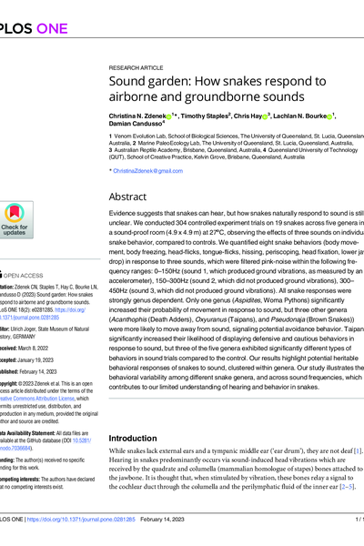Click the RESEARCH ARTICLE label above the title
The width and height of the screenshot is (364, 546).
(136, 68)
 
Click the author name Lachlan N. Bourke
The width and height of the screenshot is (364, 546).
(307, 117)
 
